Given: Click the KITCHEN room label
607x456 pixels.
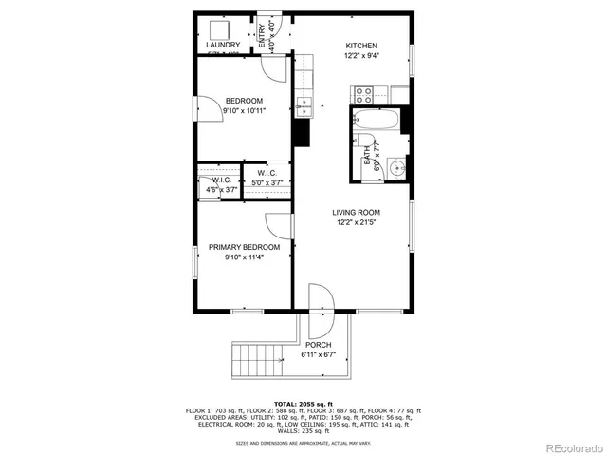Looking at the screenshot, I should click(361, 46).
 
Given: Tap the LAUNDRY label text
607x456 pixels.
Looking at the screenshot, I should click(223, 45).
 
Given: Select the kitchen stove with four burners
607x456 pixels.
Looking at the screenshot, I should click(362, 95).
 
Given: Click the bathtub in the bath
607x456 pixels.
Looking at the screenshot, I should click(376, 121).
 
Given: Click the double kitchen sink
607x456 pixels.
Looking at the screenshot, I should click(304, 104).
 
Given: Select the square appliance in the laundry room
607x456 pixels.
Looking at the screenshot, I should click(217, 28).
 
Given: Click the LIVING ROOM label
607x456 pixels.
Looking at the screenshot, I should click(356, 213).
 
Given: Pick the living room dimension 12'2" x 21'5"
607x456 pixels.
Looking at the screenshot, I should click(356, 223).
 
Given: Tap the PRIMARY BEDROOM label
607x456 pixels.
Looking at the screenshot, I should click(245, 247).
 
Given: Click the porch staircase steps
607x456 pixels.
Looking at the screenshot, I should click(258, 361).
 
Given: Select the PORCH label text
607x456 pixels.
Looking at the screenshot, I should click(318, 345).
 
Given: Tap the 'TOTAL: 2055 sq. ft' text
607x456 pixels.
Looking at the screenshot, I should click(303, 404).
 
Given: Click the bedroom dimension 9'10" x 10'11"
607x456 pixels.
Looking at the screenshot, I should click(244, 110).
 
